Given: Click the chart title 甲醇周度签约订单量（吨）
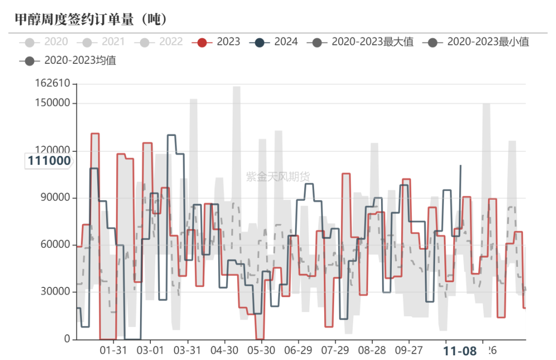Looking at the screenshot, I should coord(91,20).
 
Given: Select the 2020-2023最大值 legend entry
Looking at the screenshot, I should coord(360,42).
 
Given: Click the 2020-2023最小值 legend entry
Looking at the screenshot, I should coord(476,42).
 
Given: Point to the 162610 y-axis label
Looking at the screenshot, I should coord(53,84).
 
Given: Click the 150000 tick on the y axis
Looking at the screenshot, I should coord(53,103).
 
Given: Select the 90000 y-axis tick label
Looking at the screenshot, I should coord(56,198).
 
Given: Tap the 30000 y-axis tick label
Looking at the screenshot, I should coord(56,292).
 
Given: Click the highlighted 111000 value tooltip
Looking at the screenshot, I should coord(49,161).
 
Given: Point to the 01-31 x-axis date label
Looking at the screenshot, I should coord(113,350).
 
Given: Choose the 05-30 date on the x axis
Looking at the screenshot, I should coord(261,350).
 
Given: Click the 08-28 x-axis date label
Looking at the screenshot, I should coord(372,350).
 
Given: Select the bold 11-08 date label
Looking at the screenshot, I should coord(460,351).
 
